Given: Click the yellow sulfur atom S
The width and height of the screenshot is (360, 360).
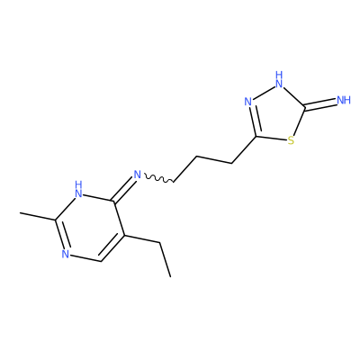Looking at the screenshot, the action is coord(291,140).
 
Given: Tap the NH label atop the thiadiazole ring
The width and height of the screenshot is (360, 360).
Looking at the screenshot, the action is coord(279,79).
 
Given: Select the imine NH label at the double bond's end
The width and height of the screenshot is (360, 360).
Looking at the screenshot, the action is coord(344,100).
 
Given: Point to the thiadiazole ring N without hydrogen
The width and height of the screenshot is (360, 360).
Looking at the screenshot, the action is coord(248,102).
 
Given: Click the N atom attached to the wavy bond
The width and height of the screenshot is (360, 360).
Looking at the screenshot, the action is coord(138,175).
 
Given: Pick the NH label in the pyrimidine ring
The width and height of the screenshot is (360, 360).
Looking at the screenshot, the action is coord(78,189).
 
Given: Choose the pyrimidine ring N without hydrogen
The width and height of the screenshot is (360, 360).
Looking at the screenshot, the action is coord(66,254).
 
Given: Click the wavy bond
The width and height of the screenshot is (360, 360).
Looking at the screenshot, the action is coord(158,178).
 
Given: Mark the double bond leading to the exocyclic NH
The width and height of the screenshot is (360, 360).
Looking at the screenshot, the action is coord(320,103).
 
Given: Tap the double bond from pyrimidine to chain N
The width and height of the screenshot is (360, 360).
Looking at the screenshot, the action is coord(122,189).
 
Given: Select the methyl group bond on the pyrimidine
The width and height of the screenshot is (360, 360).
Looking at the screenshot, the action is coord(38,217).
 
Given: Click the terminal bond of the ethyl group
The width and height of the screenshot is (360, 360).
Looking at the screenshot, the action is coord(165,260).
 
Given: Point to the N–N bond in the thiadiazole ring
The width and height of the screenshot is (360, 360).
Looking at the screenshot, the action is coord(264,93).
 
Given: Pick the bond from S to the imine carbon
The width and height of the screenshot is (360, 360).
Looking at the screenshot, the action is coord(299,121).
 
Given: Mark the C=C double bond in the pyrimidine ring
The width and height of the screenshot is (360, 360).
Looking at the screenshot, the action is coord(112,248).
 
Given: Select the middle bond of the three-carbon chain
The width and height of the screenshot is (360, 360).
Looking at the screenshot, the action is coord(214,159).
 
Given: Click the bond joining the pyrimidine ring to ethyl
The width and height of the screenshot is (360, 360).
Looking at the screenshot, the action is coord(141,238).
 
